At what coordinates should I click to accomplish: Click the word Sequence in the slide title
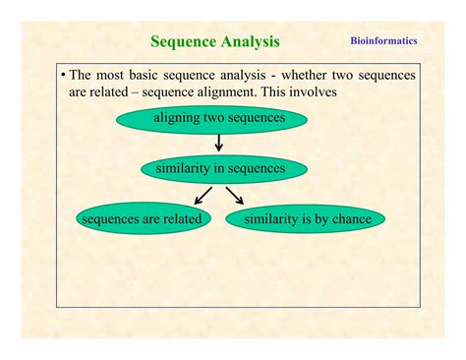tap(183, 41)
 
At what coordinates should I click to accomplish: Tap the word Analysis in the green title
tap(250, 41)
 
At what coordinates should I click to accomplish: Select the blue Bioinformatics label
tap(383, 40)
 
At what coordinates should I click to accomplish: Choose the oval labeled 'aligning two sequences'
tap(218, 119)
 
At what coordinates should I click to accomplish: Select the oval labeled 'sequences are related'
tap(143, 218)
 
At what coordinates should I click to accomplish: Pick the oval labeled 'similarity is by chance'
tap(306, 218)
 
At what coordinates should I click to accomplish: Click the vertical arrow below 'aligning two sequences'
tap(219, 143)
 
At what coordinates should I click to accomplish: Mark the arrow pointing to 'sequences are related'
tap(201, 194)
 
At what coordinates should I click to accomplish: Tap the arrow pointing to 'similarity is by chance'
tap(236, 194)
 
